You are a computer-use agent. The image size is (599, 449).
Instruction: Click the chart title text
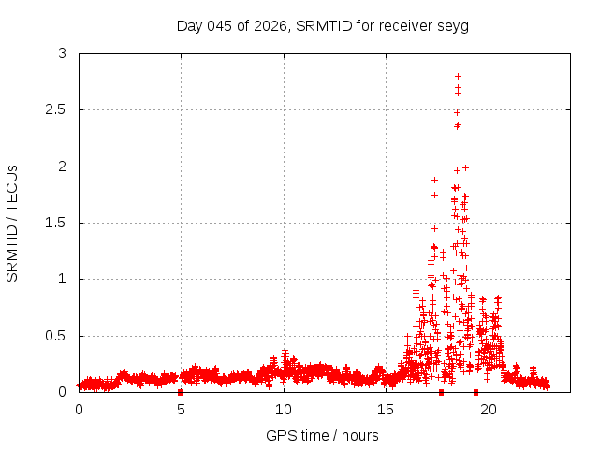pos(322,25)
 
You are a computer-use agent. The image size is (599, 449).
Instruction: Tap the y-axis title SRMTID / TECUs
pos(12,223)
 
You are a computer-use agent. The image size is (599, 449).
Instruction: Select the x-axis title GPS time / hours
pos(322,435)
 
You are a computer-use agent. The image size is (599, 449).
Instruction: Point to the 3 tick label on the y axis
pos(62,54)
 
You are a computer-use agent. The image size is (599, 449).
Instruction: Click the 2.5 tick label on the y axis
pos(56,110)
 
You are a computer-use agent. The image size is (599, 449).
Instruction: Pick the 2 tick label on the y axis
pos(62,167)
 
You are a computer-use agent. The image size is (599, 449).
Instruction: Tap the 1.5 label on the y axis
pos(56,223)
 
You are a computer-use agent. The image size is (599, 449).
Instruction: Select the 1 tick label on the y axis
pos(62,279)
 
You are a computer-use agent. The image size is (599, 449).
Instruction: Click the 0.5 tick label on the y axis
pos(56,336)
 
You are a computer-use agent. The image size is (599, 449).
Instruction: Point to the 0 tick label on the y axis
pos(62,392)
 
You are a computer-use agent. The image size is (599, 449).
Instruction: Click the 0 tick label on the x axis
pos(79,409)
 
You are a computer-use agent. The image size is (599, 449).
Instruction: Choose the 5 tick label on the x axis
pos(181,409)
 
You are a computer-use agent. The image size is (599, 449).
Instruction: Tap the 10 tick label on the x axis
pos(283,409)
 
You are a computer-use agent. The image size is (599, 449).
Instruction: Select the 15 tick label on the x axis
pos(386,409)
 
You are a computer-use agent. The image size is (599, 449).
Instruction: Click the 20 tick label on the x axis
pos(488,409)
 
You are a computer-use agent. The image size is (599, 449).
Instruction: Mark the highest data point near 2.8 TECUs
pos(458,76)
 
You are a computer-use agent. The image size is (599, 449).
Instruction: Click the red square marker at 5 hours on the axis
pos(181,392)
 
